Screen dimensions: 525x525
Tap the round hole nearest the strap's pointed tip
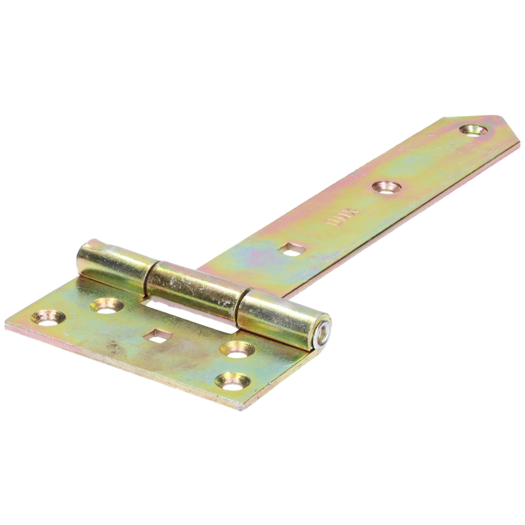(x=473, y=129)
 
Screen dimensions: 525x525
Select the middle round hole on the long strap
(x=385, y=186)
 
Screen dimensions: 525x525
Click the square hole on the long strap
(x=293, y=247)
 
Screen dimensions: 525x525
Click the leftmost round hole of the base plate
(x=48, y=318)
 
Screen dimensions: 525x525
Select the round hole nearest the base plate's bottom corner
(x=234, y=380)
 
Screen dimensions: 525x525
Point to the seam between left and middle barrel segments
(x=150, y=276)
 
